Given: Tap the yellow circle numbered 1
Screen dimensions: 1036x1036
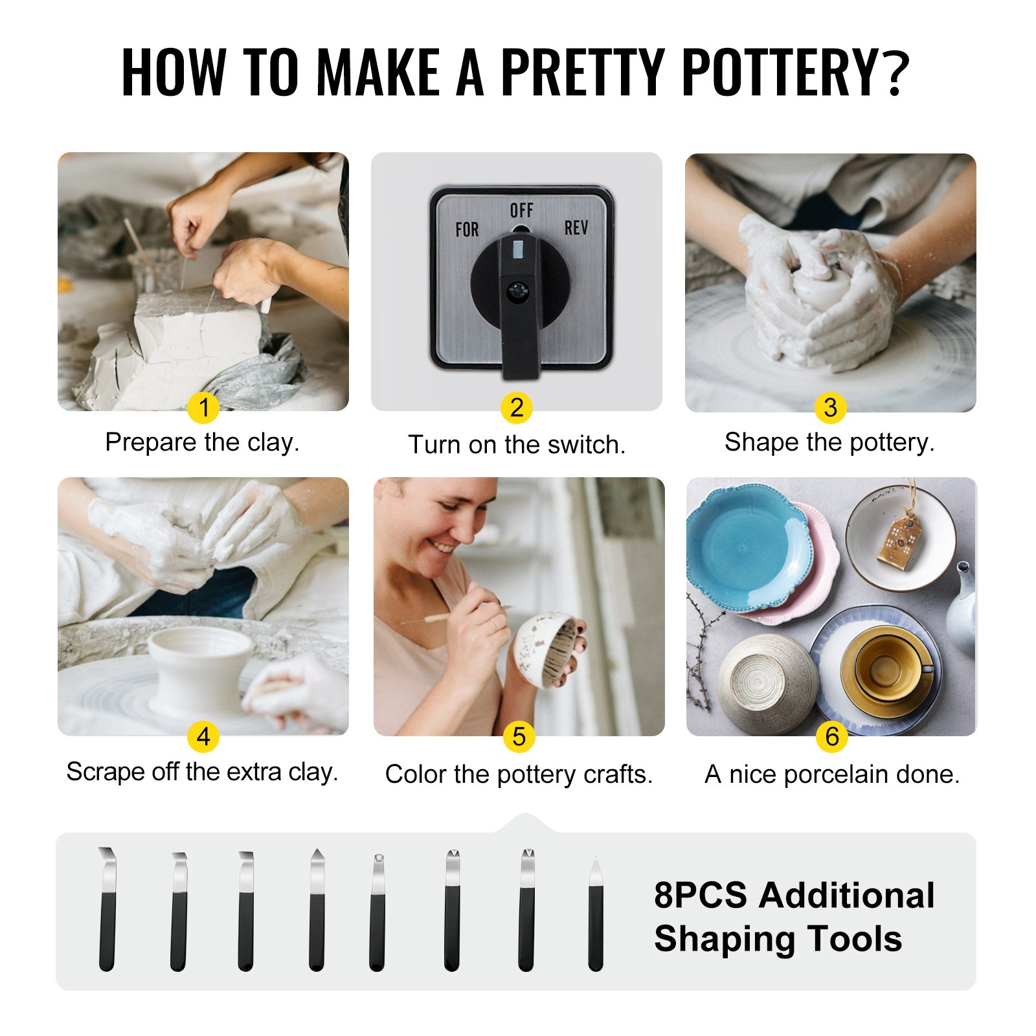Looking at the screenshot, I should click(203, 408).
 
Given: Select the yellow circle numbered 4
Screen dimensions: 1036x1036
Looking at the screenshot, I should click(203, 737).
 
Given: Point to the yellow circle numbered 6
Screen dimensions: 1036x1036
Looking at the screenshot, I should click(832, 737).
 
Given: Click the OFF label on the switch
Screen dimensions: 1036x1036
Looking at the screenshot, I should click(521, 210).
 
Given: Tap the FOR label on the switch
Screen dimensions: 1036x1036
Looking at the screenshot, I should click(467, 229).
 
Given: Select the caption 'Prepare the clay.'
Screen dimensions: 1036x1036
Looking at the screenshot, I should click(202, 442).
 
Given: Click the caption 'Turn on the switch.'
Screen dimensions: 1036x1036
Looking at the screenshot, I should click(517, 445).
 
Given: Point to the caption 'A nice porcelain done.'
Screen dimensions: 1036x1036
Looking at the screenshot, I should click(832, 774).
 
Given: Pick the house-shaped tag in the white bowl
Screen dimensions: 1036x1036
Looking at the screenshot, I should click(900, 541).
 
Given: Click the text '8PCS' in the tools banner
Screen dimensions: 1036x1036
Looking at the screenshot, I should click(700, 895).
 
